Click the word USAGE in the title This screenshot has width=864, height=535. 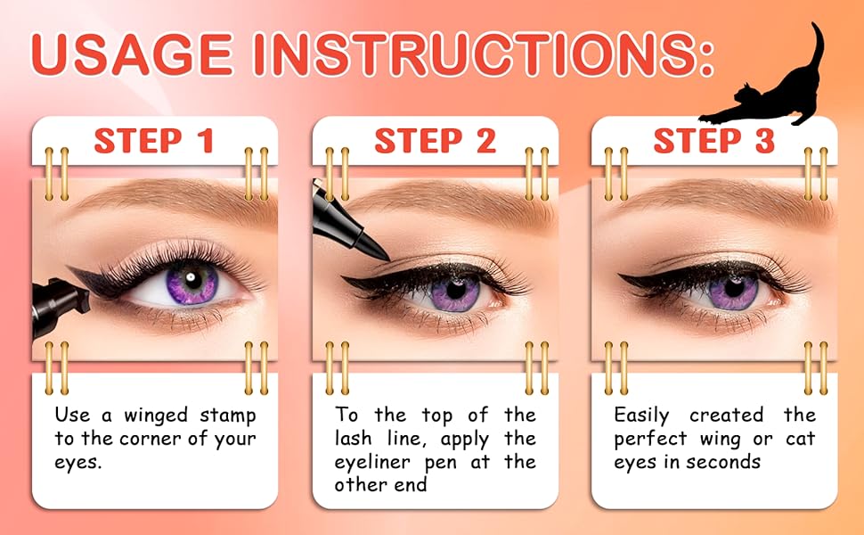(132, 54)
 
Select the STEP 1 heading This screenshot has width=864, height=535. (154, 141)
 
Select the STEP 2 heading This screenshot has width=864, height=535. (436, 141)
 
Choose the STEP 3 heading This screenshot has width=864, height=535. (714, 141)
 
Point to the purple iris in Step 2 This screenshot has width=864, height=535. (455, 291)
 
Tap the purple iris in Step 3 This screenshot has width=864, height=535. (733, 291)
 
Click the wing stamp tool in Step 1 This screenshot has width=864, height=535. (59, 306)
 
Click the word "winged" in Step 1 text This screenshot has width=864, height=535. (155, 416)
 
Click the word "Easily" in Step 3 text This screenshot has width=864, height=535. (642, 416)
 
